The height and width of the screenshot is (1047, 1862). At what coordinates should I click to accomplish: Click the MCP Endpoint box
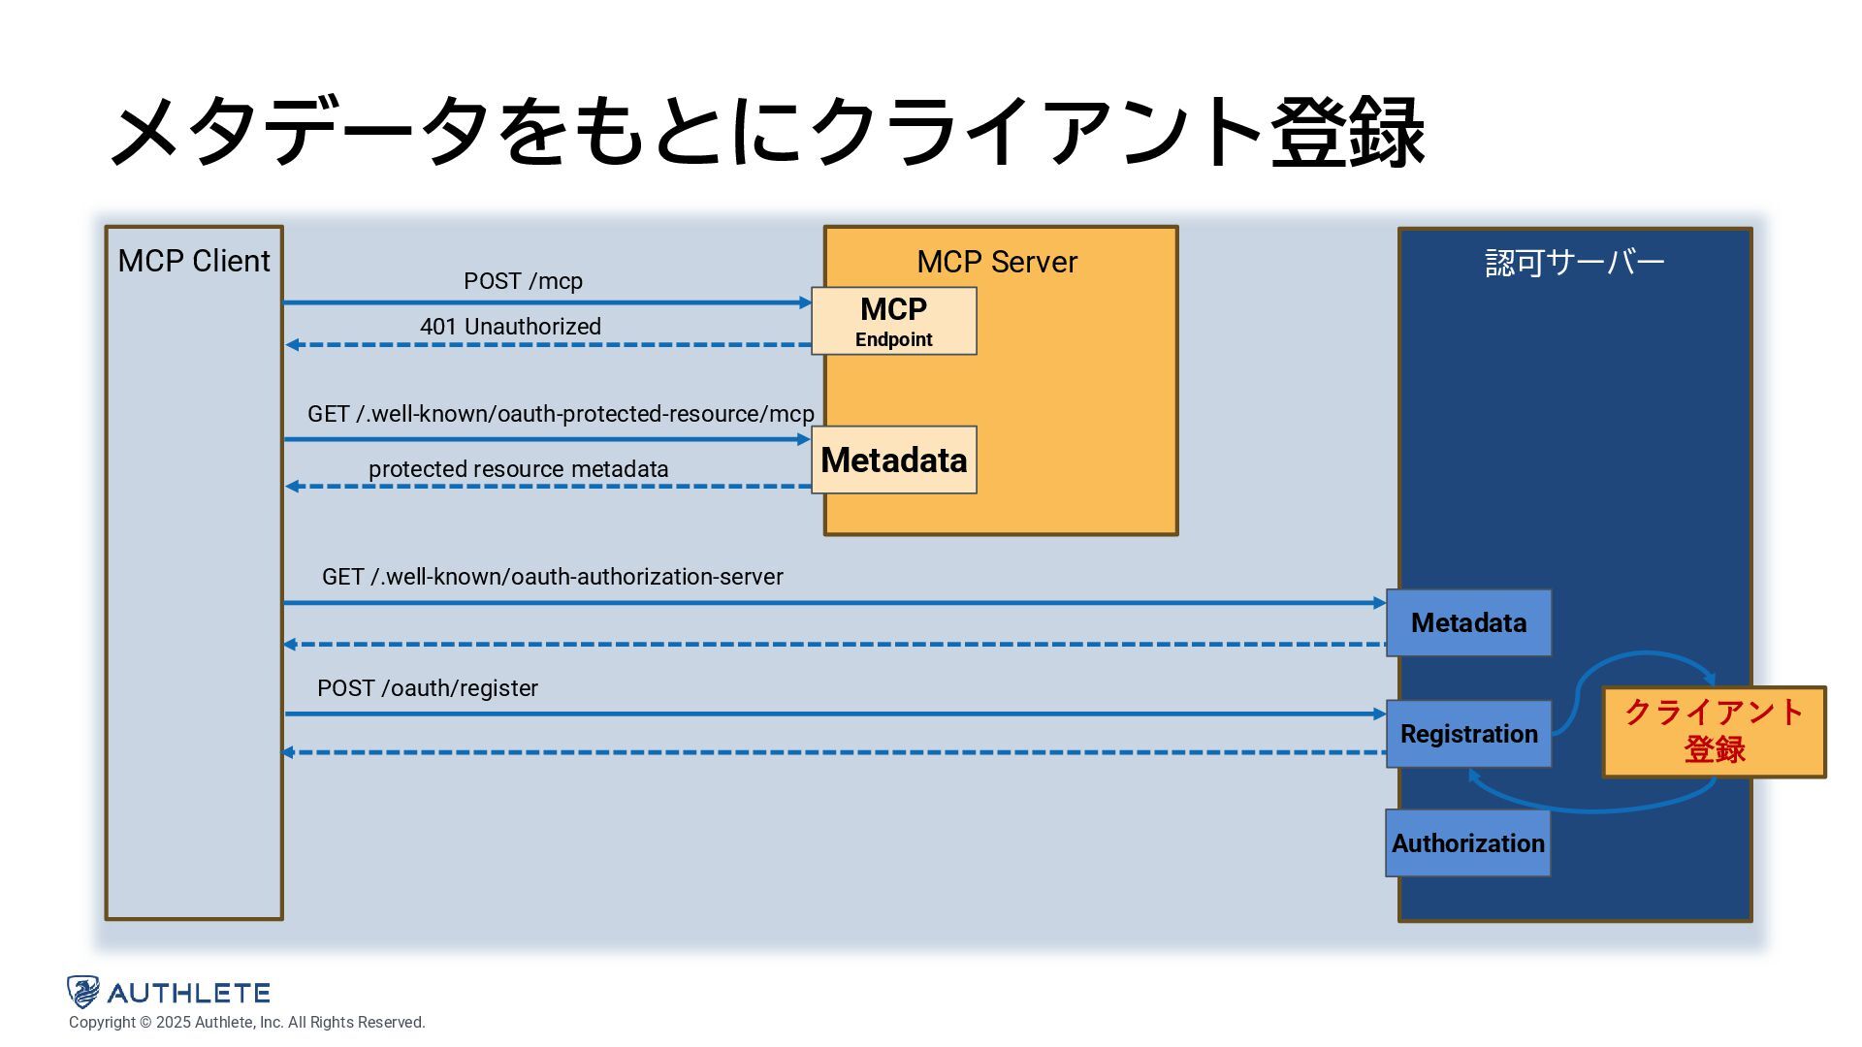pyautogui.click(x=894, y=321)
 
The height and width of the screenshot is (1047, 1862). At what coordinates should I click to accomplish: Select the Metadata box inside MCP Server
pyautogui.click(x=894, y=460)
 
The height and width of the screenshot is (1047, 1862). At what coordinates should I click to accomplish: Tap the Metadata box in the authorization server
pyautogui.click(x=1468, y=622)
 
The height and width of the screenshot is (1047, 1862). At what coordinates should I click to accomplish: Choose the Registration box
pyautogui.click(x=1468, y=734)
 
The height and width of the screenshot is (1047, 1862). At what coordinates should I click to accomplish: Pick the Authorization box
pyautogui.click(x=1467, y=843)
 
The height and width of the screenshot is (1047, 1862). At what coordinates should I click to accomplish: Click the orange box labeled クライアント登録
pyautogui.click(x=1715, y=732)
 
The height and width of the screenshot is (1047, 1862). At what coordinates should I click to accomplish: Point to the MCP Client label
pyautogui.click(x=194, y=261)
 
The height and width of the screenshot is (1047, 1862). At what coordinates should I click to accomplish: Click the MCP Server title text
pyautogui.click(x=997, y=262)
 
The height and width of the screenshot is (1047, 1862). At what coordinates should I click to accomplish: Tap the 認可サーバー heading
pyautogui.click(x=1575, y=263)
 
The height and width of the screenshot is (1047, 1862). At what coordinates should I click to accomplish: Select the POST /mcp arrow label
pyautogui.click(x=523, y=281)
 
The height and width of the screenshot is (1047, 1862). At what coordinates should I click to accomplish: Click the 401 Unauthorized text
pyautogui.click(x=510, y=327)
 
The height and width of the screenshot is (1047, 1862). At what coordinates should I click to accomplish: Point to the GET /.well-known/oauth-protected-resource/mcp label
pyautogui.click(x=561, y=414)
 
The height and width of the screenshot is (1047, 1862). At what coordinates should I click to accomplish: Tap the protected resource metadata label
pyautogui.click(x=518, y=469)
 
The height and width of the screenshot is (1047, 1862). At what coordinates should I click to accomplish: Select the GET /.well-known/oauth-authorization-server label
pyautogui.click(x=553, y=577)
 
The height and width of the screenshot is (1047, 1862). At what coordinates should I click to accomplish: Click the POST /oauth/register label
pyautogui.click(x=427, y=688)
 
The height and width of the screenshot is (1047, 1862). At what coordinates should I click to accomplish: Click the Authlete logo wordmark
pyautogui.click(x=188, y=993)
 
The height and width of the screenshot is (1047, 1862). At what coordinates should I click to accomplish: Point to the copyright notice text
pyautogui.click(x=247, y=1023)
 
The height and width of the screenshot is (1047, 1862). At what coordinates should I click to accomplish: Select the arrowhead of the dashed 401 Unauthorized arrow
pyautogui.click(x=292, y=345)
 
